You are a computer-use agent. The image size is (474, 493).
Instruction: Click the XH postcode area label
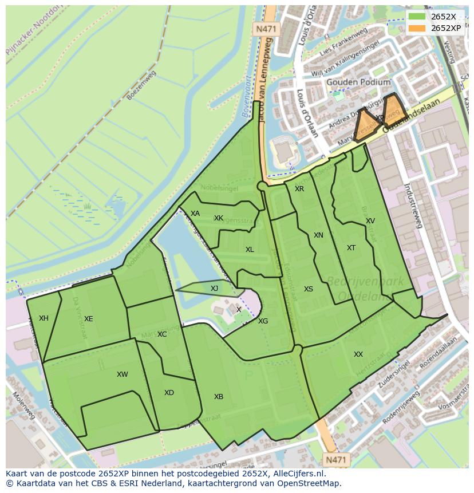tap(44, 318)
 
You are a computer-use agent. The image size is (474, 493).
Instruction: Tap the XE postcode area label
tap(88, 319)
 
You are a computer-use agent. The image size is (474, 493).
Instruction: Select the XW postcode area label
tap(122, 374)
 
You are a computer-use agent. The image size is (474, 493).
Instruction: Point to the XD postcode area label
tap(169, 393)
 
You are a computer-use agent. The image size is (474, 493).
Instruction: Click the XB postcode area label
tap(219, 397)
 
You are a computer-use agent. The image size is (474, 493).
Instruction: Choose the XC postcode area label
tap(162, 334)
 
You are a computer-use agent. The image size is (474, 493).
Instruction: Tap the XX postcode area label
tap(358, 354)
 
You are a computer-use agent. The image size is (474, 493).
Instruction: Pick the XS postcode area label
tap(309, 289)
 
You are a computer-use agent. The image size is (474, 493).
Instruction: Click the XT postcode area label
tap(351, 248)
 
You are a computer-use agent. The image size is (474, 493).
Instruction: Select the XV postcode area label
tap(370, 221)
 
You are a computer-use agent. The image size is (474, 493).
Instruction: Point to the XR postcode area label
tap(299, 189)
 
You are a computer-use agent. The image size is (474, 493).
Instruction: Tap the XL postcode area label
tap(250, 250)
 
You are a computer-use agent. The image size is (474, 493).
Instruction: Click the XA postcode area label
tap(195, 214)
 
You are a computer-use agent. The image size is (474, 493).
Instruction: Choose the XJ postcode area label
tap(214, 289)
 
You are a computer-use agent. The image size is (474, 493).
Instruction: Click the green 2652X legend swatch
tap(417, 16)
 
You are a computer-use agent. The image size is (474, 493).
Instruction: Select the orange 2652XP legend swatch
tap(417, 27)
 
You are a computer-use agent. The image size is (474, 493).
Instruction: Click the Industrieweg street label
tap(413, 206)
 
